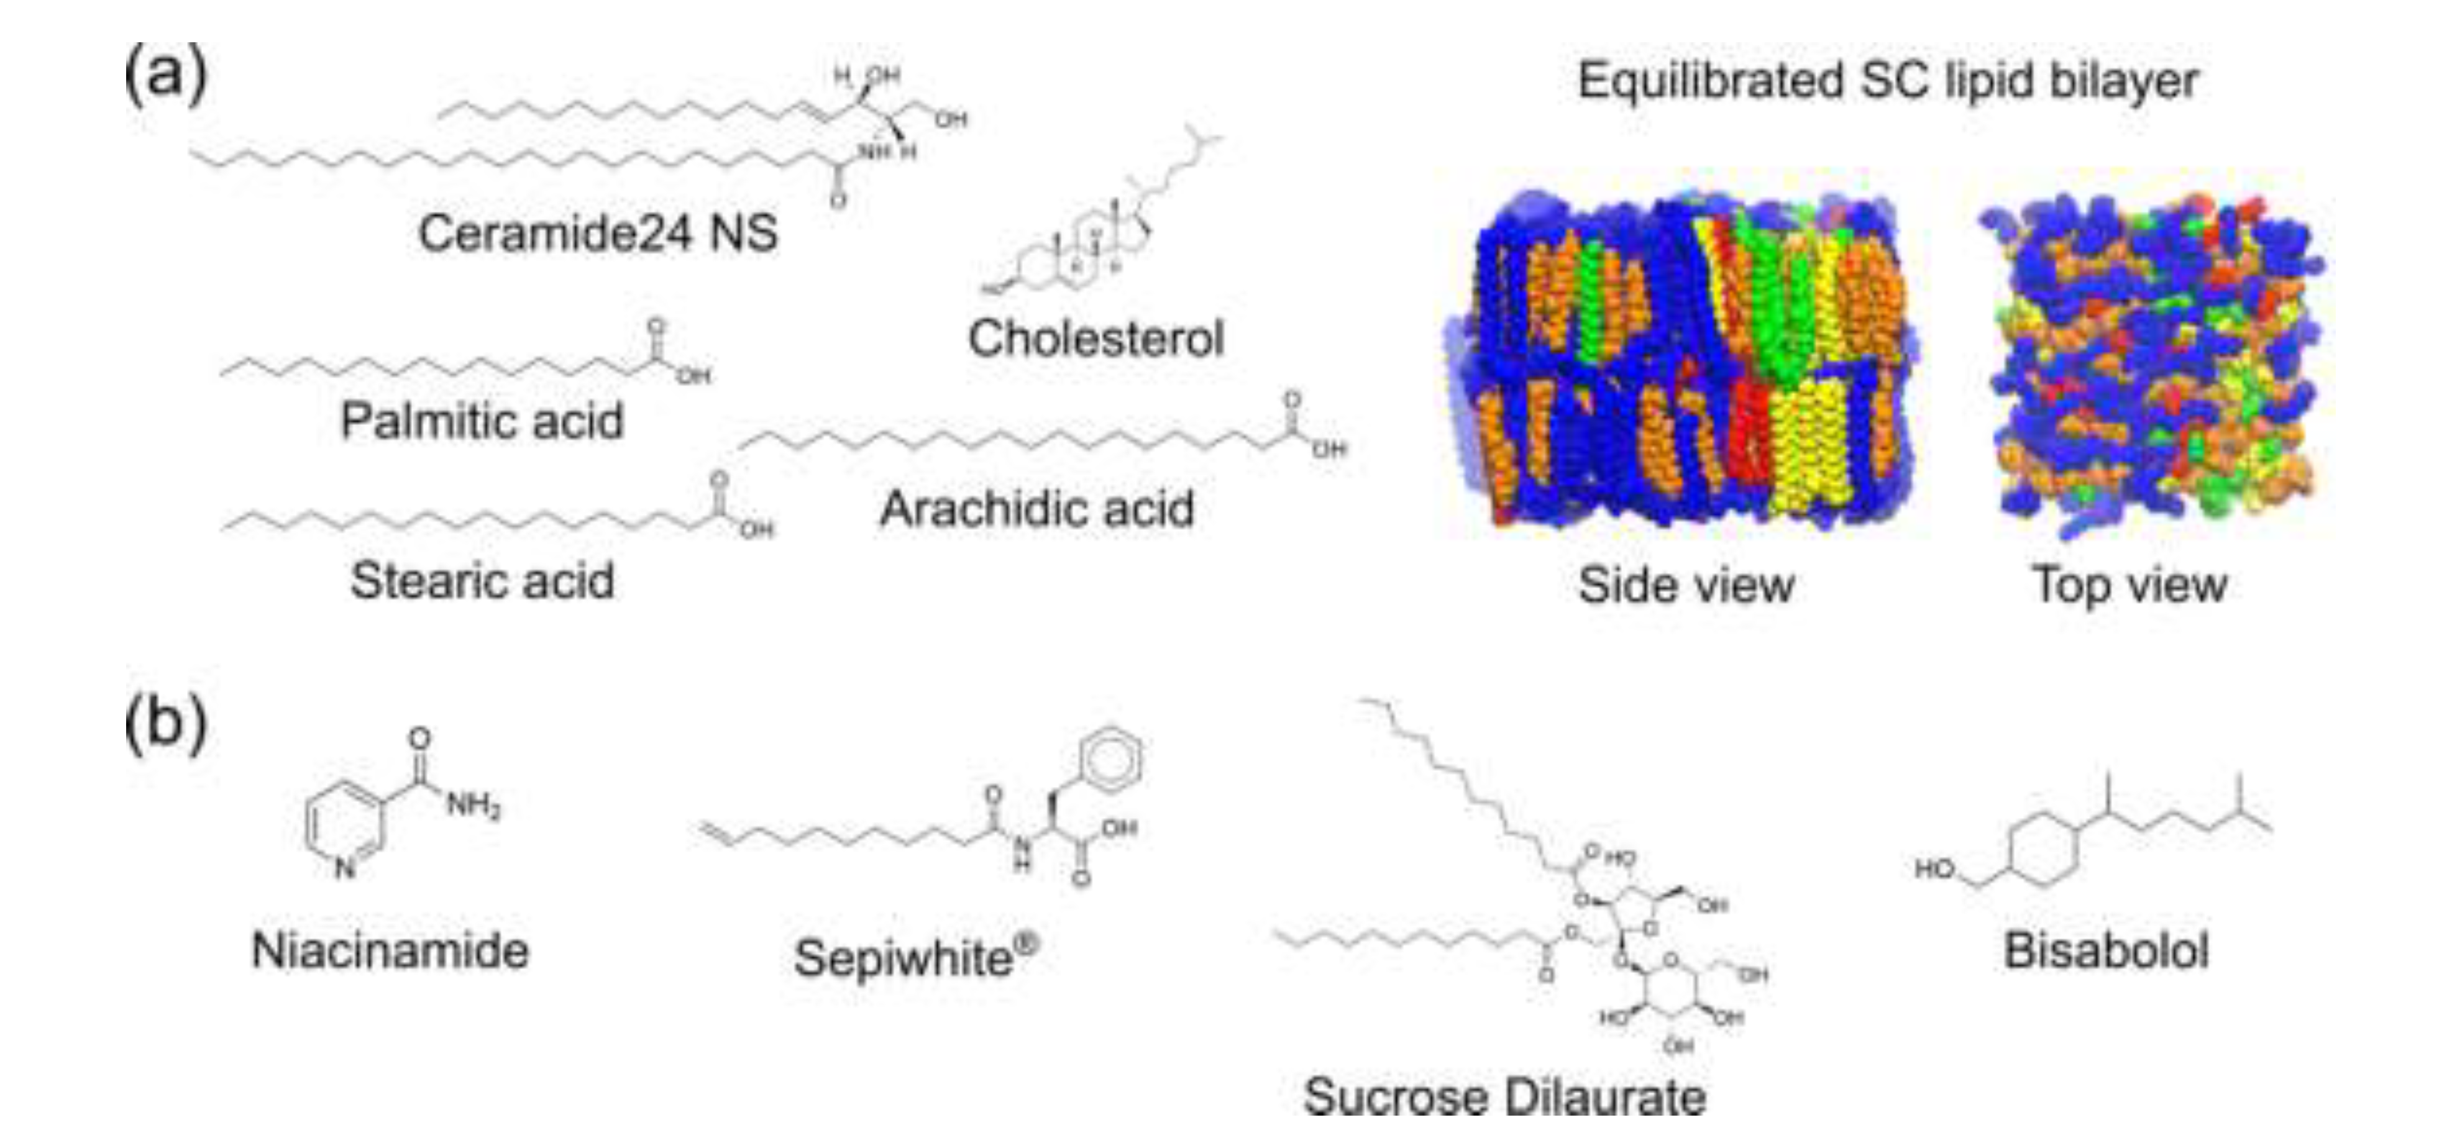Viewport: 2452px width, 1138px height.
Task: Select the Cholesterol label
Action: (1096, 339)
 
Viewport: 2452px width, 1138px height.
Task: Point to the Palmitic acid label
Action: (482, 421)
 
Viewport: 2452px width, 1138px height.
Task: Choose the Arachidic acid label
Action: (1036, 509)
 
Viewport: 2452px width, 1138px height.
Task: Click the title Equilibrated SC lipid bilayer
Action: (1888, 81)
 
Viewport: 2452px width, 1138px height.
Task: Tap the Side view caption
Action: (1686, 585)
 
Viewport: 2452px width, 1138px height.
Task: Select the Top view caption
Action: (2130, 585)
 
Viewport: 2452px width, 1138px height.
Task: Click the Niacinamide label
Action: (390, 950)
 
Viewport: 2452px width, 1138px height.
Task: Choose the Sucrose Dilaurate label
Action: (1504, 1097)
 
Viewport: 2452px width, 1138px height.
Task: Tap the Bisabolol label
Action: (2105, 950)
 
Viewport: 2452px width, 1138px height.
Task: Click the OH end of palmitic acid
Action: (694, 377)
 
